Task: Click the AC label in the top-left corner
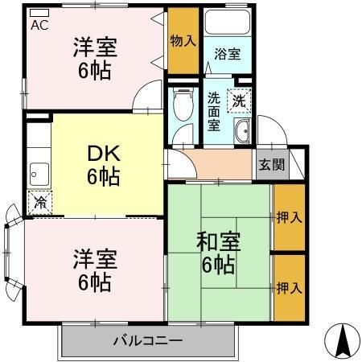tap(39, 25)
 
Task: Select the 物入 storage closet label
tap(183, 40)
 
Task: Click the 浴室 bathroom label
tap(227, 55)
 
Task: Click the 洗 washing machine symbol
tap(240, 101)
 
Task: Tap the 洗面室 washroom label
tap(215, 112)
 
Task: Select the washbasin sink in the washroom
tap(241, 134)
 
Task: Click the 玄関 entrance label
tap(271, 165)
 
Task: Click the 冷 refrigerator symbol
tap(39, 203)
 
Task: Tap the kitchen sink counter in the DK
tap(38, 171)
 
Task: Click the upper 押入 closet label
tap(289, 217)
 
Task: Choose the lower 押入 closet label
tap(289, 288)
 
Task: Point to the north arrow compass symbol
tap(342, 342)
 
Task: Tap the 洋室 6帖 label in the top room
tap(95, 59)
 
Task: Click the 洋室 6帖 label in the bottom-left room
tap(95, 270)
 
